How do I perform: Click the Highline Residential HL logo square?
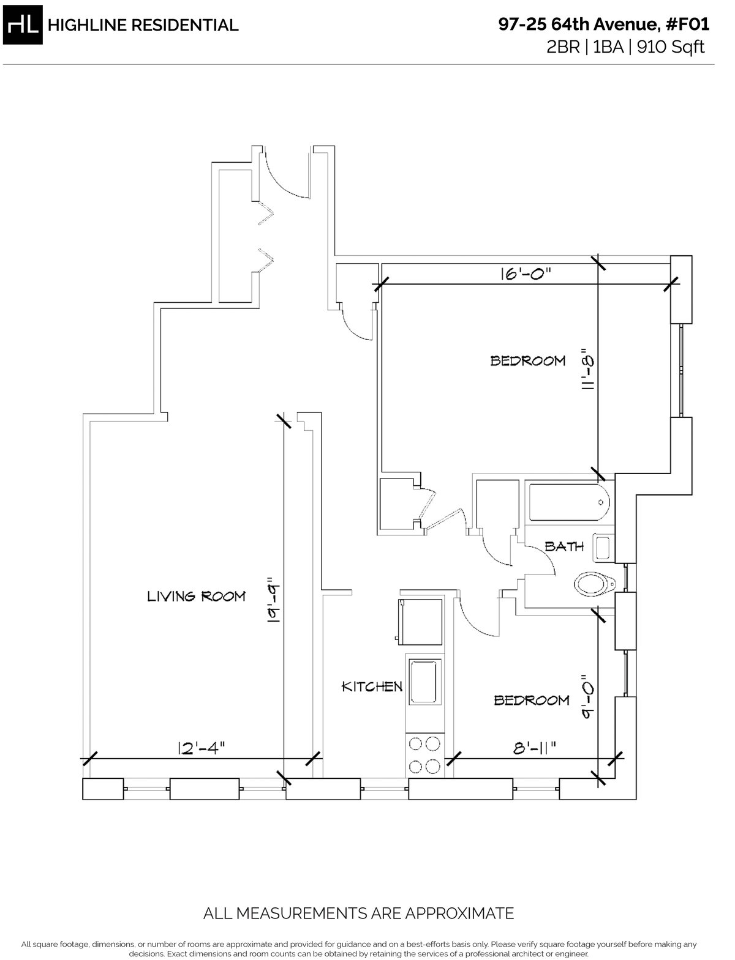coord(23,24)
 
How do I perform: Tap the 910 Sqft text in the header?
coord(671,47)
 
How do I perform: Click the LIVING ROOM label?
coord(196,596)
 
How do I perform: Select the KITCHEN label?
coord(372,687)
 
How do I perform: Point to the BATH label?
coord(564,546)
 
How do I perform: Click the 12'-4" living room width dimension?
coord(202,748)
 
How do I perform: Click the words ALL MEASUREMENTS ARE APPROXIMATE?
coord(358,913)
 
